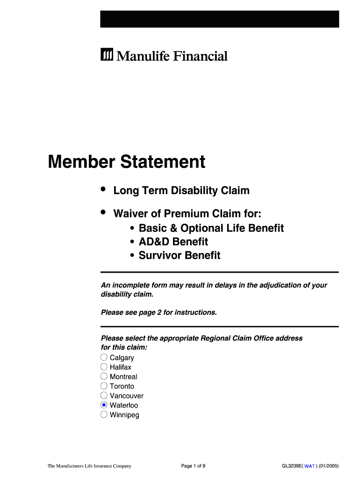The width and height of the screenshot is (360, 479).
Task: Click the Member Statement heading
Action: point(127,162)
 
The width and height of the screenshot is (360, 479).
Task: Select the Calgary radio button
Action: point(104,357)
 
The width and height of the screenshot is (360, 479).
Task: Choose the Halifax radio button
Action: point(104,367)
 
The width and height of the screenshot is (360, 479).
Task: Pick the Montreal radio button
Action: point(104,377)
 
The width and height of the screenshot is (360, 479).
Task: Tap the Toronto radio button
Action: point(104,386)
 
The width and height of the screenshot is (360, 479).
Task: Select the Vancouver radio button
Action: point(104,395)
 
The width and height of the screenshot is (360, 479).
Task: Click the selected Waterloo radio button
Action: point(104,405)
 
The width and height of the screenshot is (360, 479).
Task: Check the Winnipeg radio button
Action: point(104,414)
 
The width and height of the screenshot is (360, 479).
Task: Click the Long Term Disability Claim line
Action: point(181,191)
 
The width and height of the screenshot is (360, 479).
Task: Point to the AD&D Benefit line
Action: point(173,242)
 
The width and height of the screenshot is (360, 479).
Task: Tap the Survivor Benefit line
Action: point(179,255)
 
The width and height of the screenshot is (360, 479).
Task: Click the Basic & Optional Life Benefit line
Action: point(211,228)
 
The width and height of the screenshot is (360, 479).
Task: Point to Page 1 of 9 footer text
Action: point(193,466)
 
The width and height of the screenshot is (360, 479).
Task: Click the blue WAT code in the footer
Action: point(310,466)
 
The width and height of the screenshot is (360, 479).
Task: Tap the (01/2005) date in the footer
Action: point(329,466)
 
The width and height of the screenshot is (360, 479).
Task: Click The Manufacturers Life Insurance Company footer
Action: point(89,466)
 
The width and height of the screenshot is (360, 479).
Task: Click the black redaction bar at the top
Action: point(219,19)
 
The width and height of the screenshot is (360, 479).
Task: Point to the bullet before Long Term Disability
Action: point(103,189)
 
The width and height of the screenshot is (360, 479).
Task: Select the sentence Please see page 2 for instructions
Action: point(159,312)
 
